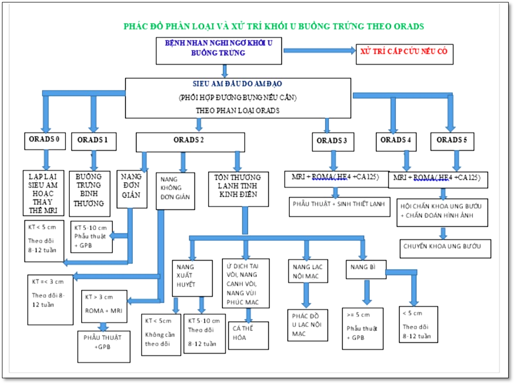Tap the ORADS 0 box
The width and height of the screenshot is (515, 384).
(x=45, y=140)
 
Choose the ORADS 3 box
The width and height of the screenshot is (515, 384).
(x=332, y=141)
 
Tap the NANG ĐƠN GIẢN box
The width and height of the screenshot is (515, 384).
(x=131, y=189)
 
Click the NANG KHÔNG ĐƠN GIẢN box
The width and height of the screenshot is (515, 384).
(x=175, y=191)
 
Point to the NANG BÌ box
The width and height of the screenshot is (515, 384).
(x=367, y=268)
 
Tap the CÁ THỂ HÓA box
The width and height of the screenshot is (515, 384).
(x=249, y=335)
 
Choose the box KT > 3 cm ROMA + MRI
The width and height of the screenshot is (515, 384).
(x=104, y=306)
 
